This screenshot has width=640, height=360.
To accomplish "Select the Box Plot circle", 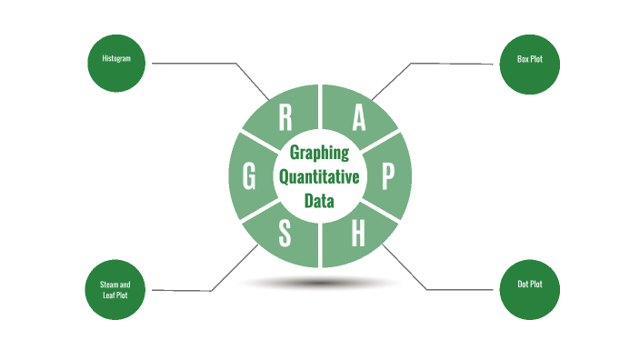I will [x=529, y=63].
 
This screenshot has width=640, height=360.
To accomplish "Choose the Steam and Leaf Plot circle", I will [x=115, y=290].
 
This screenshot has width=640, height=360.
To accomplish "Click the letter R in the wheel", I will [x=285, y=118].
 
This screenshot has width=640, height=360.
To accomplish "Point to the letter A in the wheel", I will [x=359, y=118].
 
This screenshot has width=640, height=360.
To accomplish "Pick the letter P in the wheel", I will [x=387, y=177].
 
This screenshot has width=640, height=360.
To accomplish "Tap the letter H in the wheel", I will [x=357, y=235].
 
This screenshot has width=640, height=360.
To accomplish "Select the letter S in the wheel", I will [x=285, y=235].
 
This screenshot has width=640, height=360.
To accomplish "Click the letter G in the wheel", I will [x=249, y=178].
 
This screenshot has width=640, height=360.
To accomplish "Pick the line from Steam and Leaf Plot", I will [x=182, y=291].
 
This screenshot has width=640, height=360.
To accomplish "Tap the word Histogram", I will [x=115, y=58].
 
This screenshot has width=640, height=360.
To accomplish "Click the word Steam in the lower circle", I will [x=108, y=285].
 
